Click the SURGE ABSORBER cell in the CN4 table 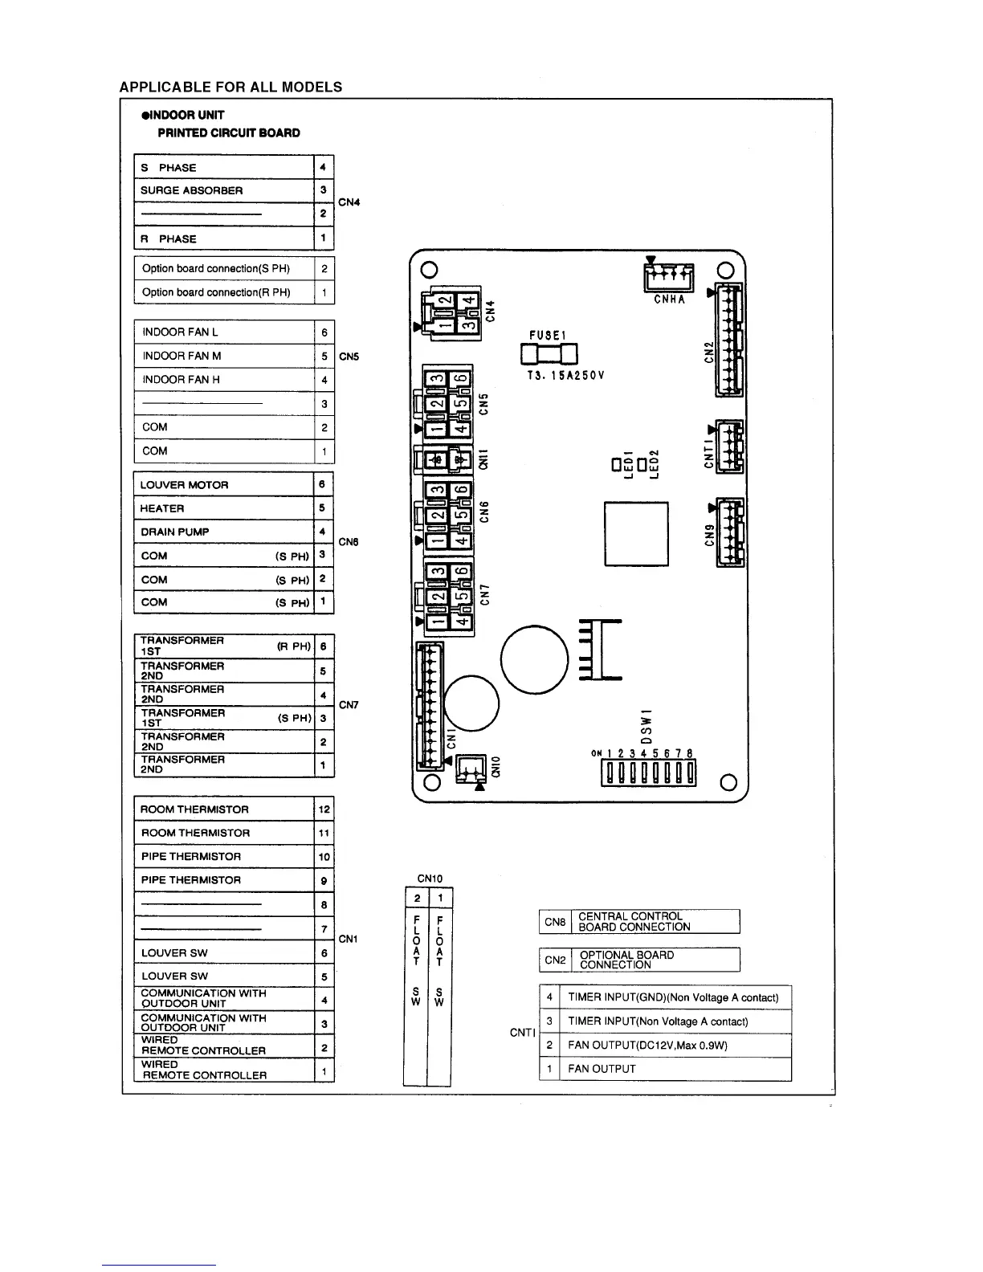tap(191, 190)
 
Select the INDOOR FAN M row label tap(182, 356)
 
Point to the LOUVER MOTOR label tap(184, 485)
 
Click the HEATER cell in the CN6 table tap(162, 508)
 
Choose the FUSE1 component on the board tap(549, 353)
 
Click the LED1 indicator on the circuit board tap(616, 464)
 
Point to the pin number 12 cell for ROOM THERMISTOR tap(324, 809)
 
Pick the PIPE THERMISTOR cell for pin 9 tap(191, 880)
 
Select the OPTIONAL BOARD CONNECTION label tap(626, 960)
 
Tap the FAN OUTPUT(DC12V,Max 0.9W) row tap(647, 1046)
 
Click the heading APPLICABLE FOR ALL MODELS tap(230, 87)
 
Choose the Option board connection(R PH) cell tap(216, 292)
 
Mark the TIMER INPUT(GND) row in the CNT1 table tap(673, 997)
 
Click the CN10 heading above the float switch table tap(430, 879)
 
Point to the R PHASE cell tap(169, 238)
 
